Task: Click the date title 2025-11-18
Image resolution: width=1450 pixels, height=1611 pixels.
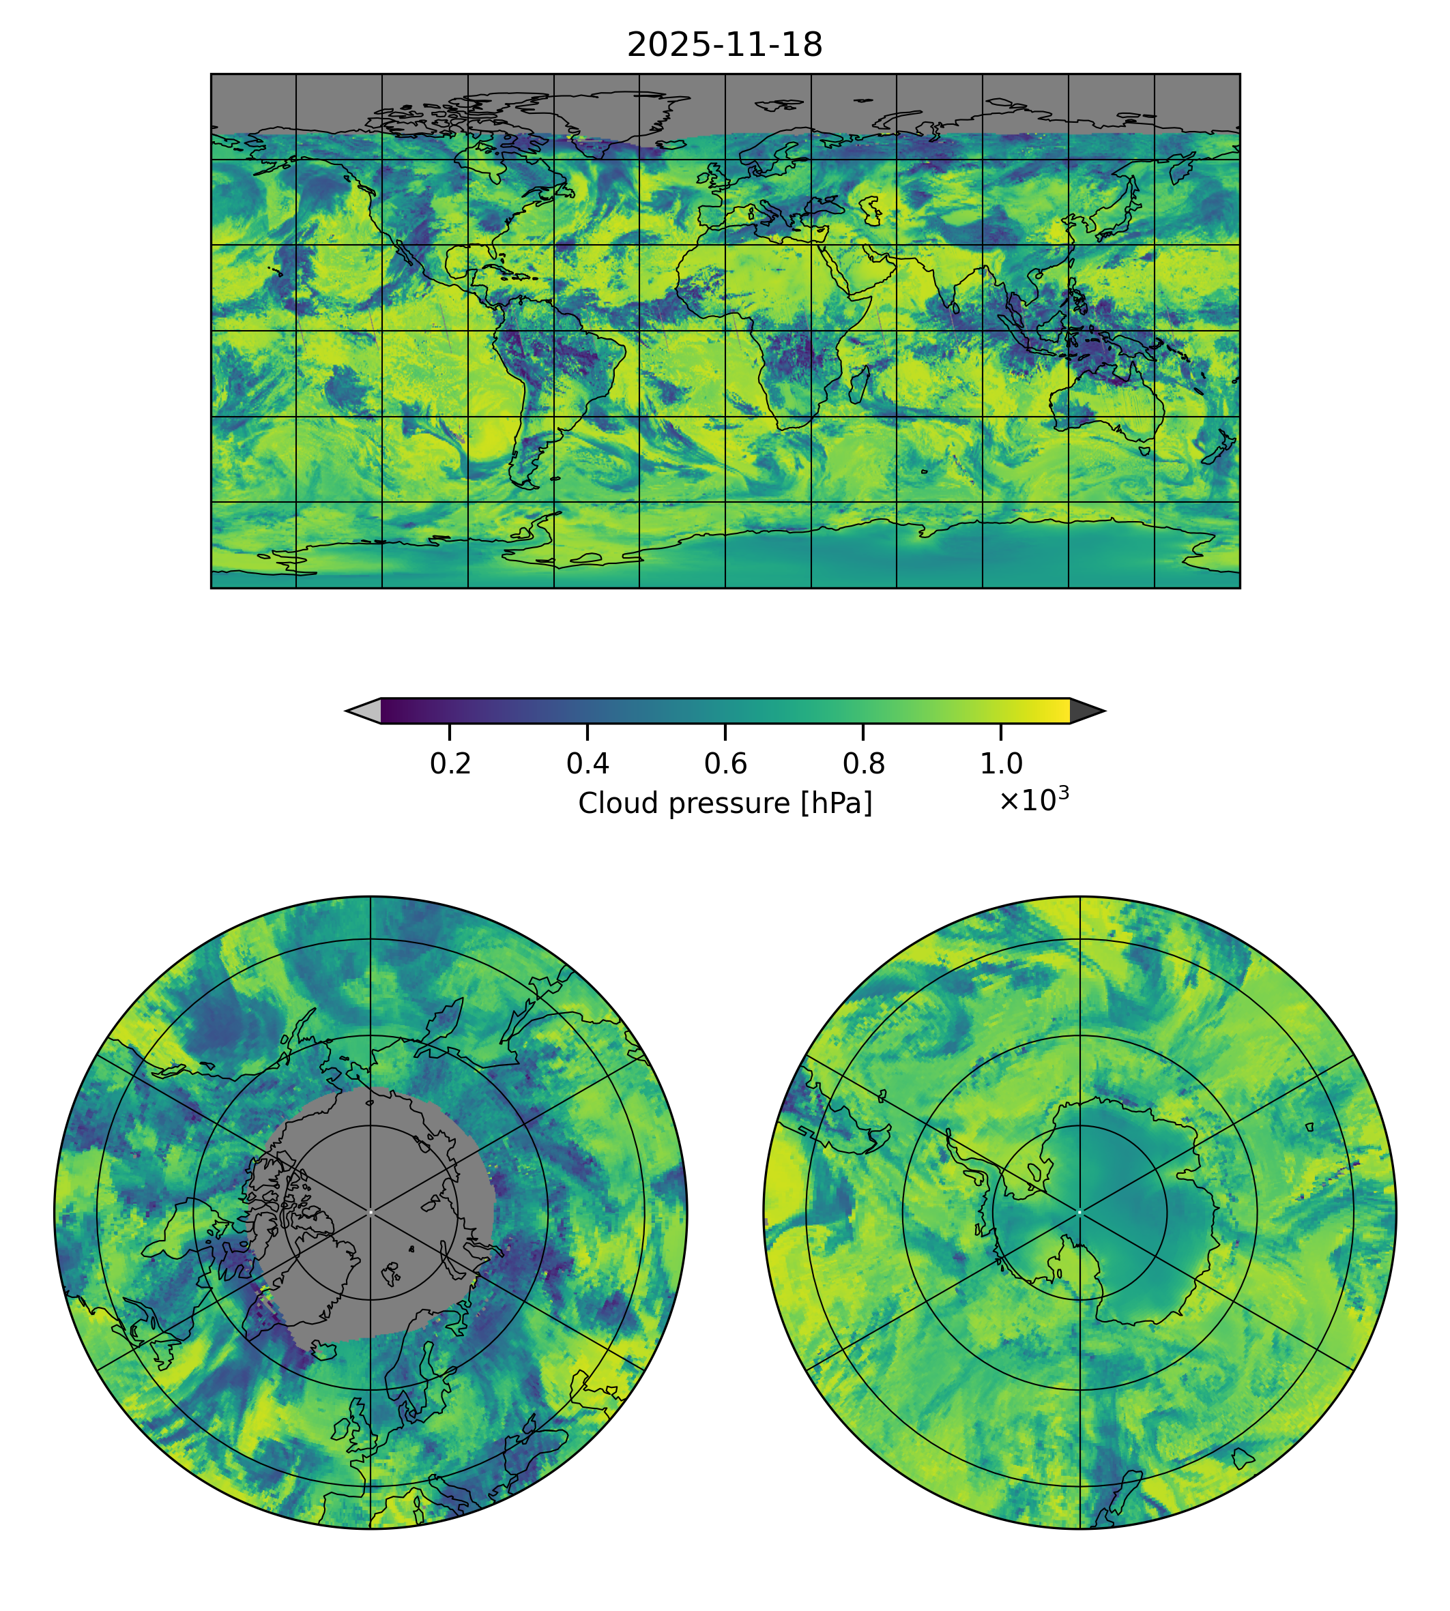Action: (x=724, y=46)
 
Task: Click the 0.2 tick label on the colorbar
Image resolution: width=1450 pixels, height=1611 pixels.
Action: (x=450, y=764)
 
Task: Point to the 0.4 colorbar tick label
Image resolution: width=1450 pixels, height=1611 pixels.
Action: (x=588, y=764)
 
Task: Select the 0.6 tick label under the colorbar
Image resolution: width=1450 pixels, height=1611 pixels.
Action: (x=725, y=764)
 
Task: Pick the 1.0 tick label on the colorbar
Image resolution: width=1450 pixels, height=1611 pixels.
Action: (x=1000, y=764)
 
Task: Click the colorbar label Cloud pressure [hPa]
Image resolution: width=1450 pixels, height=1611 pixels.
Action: (x=725, y=803)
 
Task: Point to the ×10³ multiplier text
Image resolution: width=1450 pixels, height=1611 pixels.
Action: (x=1033, y=799)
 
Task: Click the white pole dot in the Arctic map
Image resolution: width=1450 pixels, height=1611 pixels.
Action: (x=371, y=1213)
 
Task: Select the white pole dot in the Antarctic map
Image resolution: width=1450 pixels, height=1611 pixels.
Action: (x=1079, y=1213)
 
